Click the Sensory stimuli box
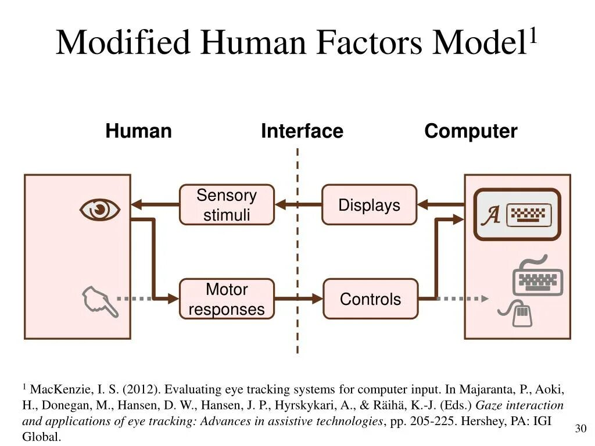227,205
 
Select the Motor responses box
227,299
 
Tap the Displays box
370,205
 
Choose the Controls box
370,299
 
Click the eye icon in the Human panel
100,210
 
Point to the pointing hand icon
99,301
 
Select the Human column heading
138,131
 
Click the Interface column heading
302,131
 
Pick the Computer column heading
471,131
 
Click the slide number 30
580,429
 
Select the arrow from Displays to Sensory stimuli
298,204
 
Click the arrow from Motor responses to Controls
298,298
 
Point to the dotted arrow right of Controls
462,298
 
